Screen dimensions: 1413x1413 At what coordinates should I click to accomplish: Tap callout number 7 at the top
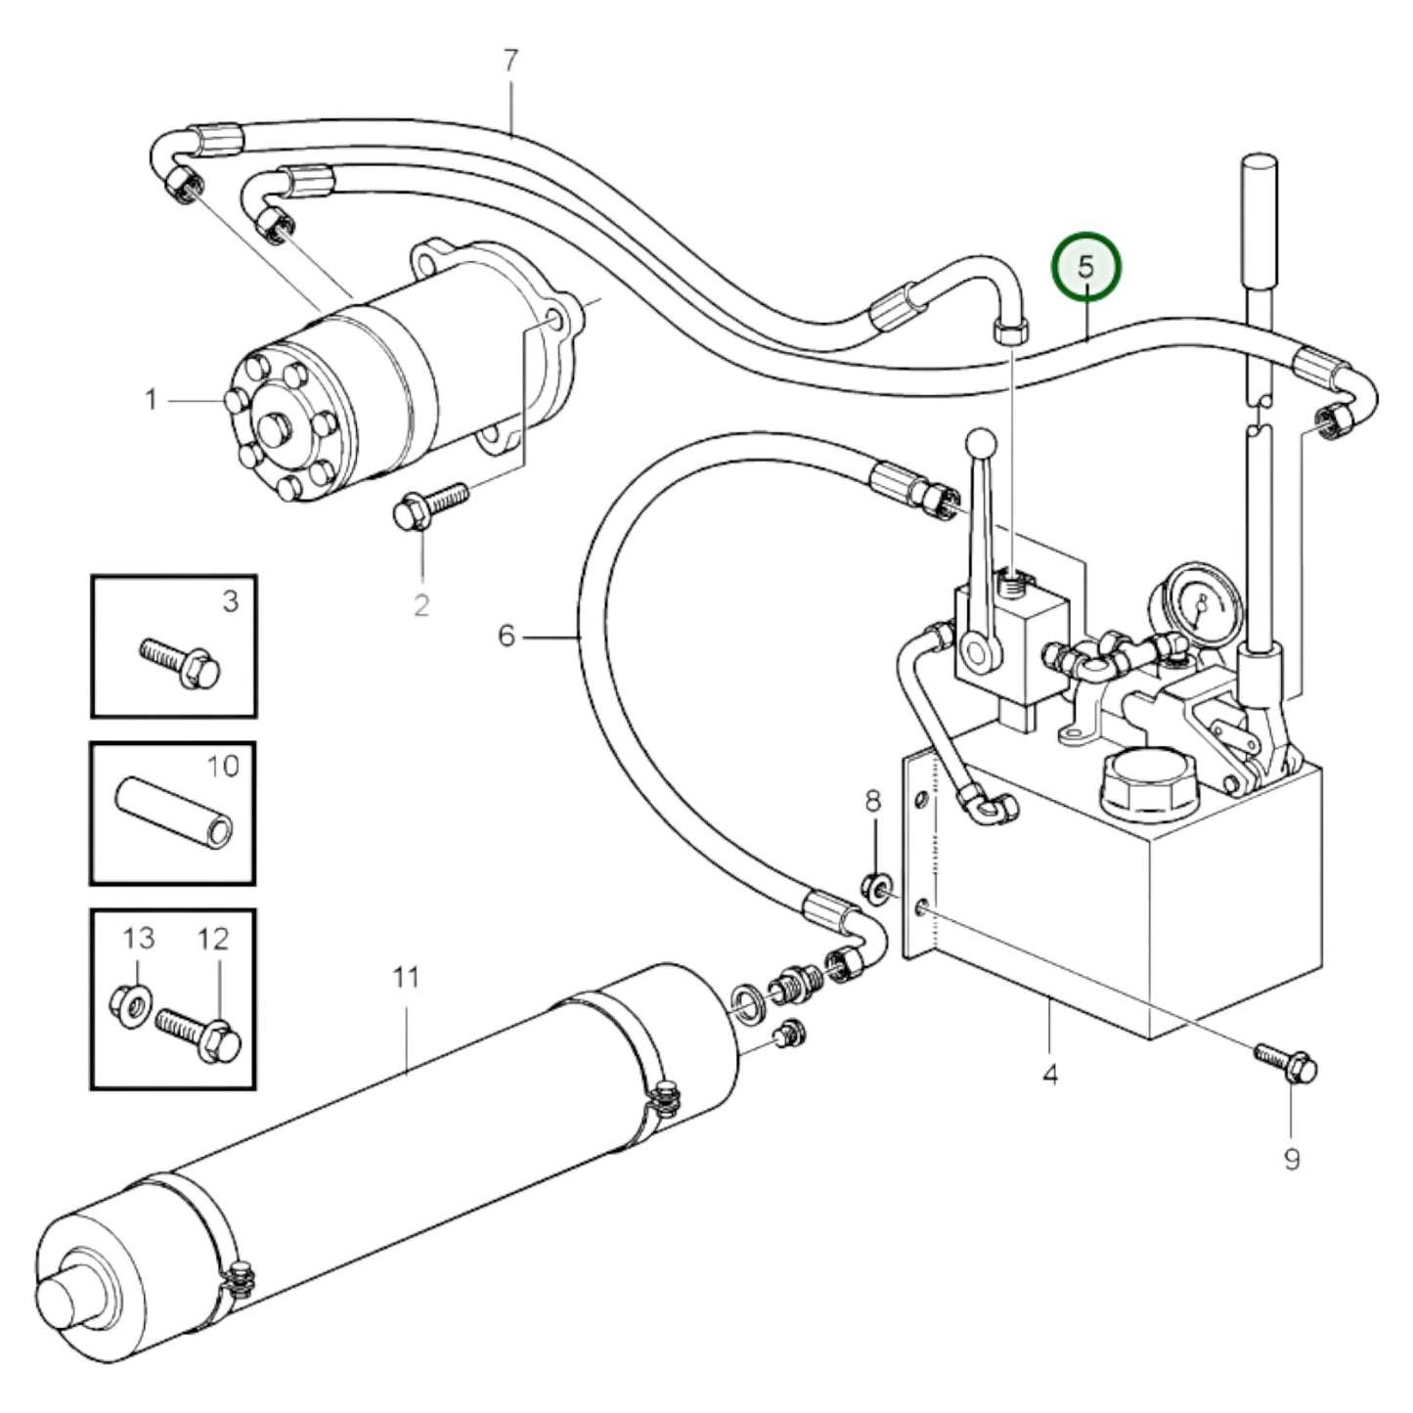point(509,62)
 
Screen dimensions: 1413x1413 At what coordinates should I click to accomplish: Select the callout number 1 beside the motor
point(152,400)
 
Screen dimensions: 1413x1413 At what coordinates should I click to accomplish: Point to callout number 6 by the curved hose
point(506,637)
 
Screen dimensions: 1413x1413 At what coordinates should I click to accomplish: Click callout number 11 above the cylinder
point(406,977)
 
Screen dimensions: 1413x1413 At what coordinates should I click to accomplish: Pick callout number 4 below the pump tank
point(1049,1076)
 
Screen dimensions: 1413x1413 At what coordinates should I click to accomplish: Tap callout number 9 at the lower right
point(1292,1160)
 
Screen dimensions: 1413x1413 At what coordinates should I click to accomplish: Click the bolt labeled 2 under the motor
point(428,506)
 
